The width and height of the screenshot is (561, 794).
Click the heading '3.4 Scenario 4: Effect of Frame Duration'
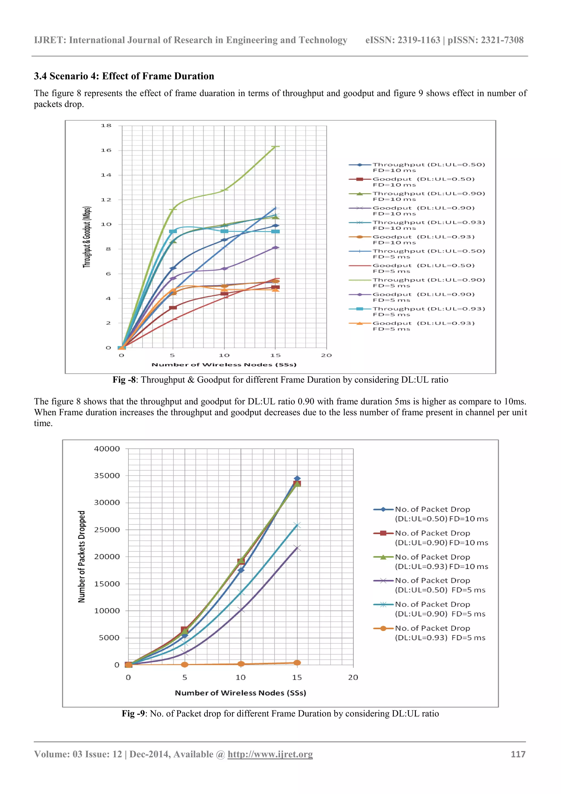(124, 76)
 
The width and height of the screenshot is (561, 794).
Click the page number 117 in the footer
(518, 754)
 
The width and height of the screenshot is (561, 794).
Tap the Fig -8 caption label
(124, 380)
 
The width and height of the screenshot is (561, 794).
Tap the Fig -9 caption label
(133, 713)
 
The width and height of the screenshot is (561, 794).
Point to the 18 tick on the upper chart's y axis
(106, 126)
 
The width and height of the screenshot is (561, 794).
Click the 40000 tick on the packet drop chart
(107, 449)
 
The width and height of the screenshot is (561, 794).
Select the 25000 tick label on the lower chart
(107, 530)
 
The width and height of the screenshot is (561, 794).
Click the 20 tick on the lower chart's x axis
(353, 678)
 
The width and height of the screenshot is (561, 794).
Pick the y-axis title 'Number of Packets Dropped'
(82, 557)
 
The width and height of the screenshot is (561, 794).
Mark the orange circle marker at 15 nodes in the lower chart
(297, 663)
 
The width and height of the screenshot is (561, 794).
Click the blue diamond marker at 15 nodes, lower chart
(297, 479)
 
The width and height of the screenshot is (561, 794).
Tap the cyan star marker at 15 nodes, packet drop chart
(297, 526)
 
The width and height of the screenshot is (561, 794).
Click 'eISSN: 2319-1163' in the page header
(402, 40)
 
